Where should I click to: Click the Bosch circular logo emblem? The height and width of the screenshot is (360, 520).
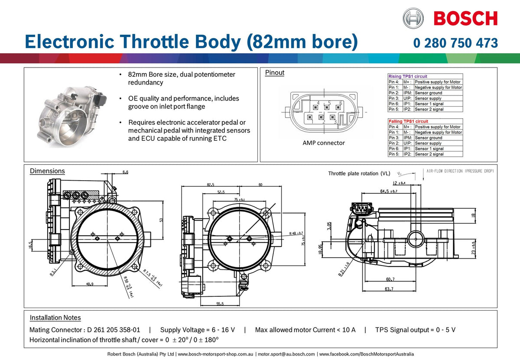413,18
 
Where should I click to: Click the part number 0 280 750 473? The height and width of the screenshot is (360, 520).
455,43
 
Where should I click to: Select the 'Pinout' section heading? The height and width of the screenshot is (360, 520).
275,73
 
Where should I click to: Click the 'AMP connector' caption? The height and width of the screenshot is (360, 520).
324,143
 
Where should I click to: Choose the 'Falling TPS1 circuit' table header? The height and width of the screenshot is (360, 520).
408,121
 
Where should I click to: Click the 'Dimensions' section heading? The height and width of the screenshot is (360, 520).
47,171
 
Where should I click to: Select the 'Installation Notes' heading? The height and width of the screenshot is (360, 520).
55,318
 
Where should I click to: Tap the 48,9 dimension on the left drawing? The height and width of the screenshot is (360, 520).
90,284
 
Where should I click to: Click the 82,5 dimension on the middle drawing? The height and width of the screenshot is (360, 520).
211,185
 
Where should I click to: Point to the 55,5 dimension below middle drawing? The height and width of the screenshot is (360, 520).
221,304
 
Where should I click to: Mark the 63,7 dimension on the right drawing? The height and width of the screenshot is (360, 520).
389,289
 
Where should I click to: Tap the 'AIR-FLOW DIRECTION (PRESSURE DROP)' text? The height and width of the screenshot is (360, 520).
460,171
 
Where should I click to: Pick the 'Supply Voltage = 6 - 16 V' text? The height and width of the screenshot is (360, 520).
198,330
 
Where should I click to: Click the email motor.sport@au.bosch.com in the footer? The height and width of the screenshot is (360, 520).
287,354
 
